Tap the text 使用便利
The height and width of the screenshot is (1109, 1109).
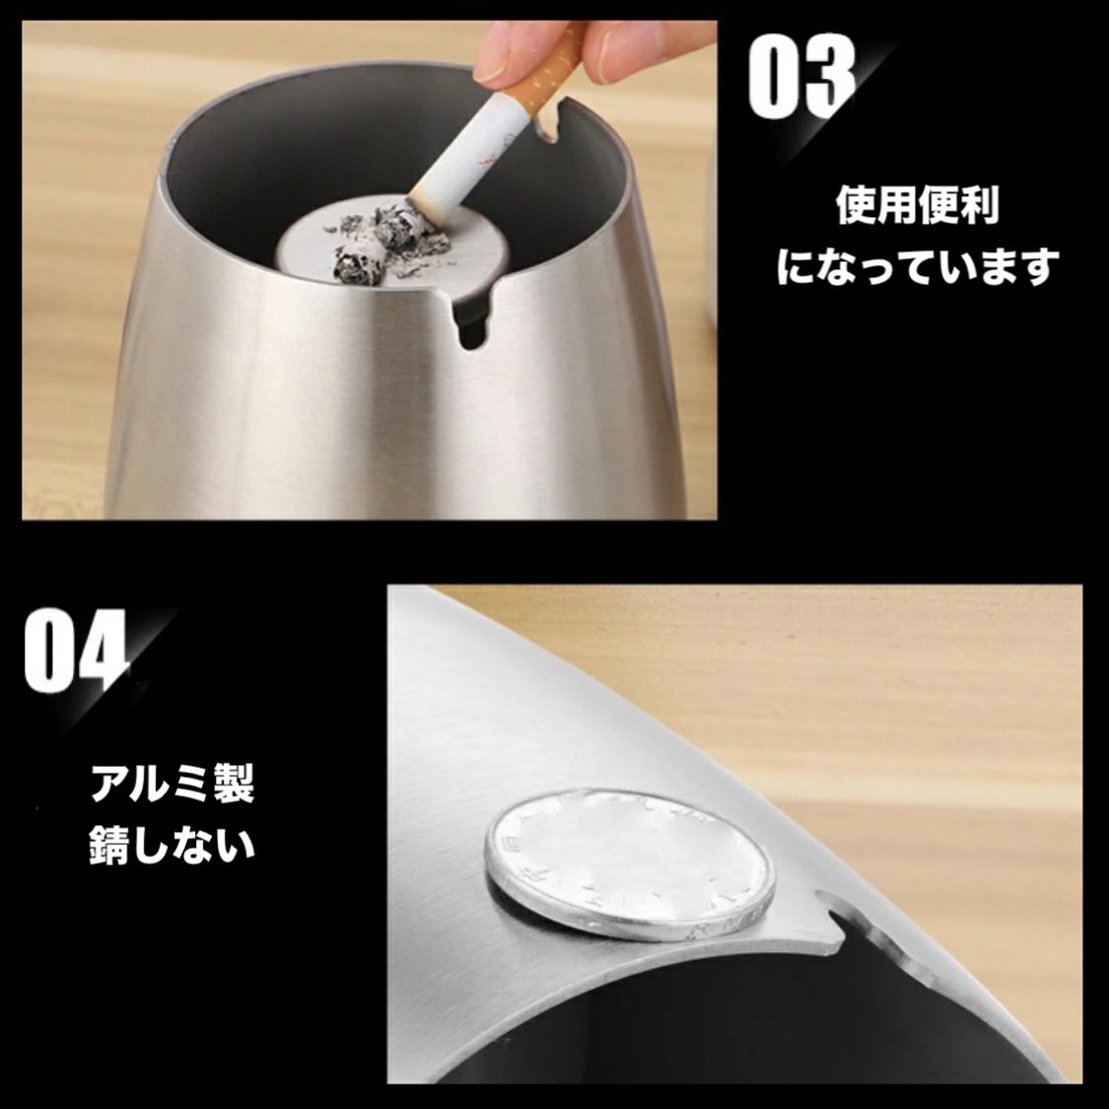[917, 205]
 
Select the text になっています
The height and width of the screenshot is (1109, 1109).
[917, 267]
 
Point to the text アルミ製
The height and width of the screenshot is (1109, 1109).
[172, 784]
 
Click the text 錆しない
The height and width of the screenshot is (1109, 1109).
[172, 846]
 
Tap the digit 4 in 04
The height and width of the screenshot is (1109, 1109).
[105, 652]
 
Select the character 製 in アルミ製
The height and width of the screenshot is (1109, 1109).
[233, 784]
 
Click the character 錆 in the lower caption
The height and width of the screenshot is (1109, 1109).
[111, 846]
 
